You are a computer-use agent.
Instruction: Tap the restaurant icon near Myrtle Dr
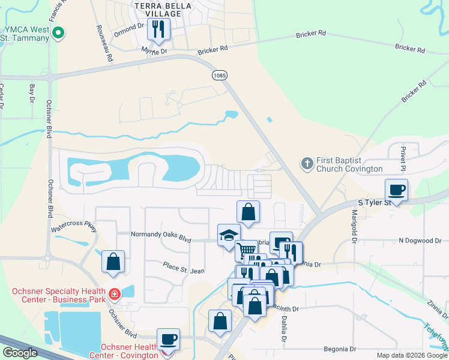[x=158, y=29]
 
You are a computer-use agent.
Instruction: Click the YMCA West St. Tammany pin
[x=58, y=33]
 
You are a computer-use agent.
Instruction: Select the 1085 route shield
[x=219, y=74]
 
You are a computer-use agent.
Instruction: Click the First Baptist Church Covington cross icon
[x=307, y=163]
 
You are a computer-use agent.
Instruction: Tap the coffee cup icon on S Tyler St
[x=396, y=190]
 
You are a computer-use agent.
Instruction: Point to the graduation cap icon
[x=229, y=235]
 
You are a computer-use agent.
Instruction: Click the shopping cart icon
[x=246, y=250]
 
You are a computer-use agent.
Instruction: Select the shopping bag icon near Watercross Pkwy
[x=113, y=262]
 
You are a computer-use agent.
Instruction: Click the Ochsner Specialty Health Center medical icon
[x=114, y=295]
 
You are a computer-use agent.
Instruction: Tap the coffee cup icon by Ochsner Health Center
[x=168, y=339]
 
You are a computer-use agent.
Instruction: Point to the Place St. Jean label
[x=184, y=268]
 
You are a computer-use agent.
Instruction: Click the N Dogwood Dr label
[x=420, y=241]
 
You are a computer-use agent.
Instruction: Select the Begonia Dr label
[x=340, y=349]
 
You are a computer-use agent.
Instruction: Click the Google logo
[x=20, y=353]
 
